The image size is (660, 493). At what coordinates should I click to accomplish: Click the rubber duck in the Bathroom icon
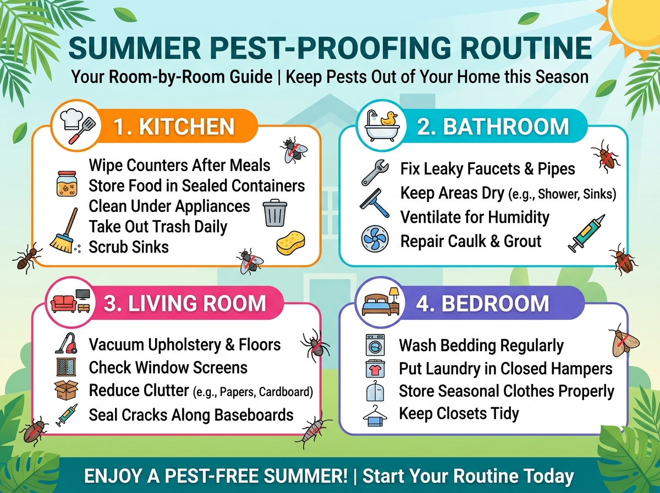pyautogui.click(x=389, y=119)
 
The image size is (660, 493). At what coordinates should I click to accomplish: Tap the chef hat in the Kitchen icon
pyautogui.click(x=71, y=119)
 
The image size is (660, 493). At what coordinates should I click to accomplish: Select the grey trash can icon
pyautogui.click(x=275, y=212)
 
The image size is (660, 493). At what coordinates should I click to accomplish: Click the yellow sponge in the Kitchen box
pyautogui.click(x=291, y=243)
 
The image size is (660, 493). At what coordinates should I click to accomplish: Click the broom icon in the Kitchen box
pyautogui.click(x=64, y=231)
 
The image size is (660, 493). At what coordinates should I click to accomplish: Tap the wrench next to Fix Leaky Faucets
pyautogui.click(x=375, y=172)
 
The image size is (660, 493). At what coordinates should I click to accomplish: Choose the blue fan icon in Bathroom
pyautogui.click(x=375, y=238)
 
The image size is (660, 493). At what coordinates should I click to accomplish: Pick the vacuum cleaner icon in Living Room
pyautogui.click(x=67, y=343)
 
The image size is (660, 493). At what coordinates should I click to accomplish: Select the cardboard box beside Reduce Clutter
pyautogui.click(x=67, y=390)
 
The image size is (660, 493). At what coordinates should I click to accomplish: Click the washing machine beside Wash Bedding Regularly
pyautogui.click(x=375, y=344)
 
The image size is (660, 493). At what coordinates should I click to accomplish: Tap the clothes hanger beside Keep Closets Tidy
pyautogui.click(x=375, y=415)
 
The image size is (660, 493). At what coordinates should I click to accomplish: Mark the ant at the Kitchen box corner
pyautogui.click(x=27, y=258)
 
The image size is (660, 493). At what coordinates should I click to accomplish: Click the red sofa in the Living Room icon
pyautogui.click(x=63, y=304)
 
